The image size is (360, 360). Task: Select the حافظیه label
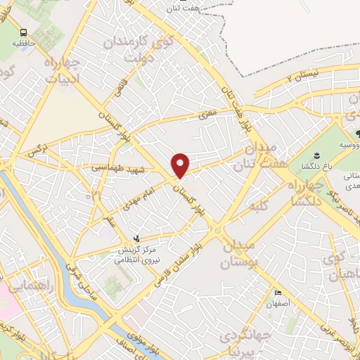23,44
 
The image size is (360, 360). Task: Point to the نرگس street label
35,150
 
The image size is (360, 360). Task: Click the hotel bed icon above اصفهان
278,293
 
